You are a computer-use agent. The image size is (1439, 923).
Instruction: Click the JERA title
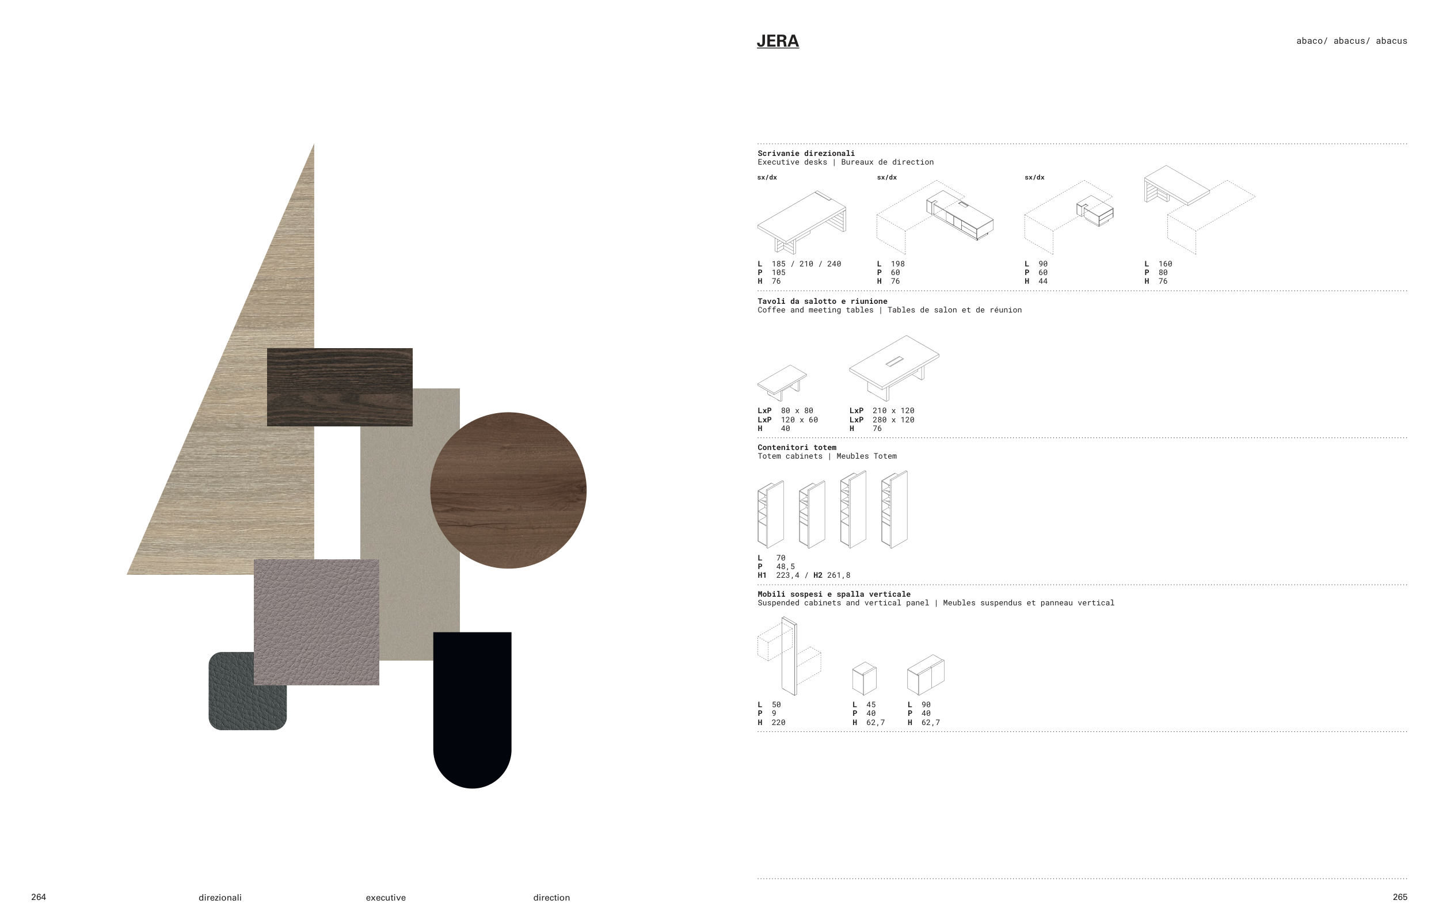(777, 41)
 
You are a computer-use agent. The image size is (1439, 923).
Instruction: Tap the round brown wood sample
(508, 490)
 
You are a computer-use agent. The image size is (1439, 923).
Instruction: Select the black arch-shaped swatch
(472, 710)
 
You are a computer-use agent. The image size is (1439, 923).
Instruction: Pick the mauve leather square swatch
(317, 622)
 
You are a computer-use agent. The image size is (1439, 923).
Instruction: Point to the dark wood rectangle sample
(340, 387)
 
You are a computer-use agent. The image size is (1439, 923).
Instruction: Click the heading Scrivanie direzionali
(806, 154)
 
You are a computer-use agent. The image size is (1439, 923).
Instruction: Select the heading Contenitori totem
(797, 447)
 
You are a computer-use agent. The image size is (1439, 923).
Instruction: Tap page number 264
(39, 897)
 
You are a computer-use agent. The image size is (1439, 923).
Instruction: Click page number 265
(1400, 897)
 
